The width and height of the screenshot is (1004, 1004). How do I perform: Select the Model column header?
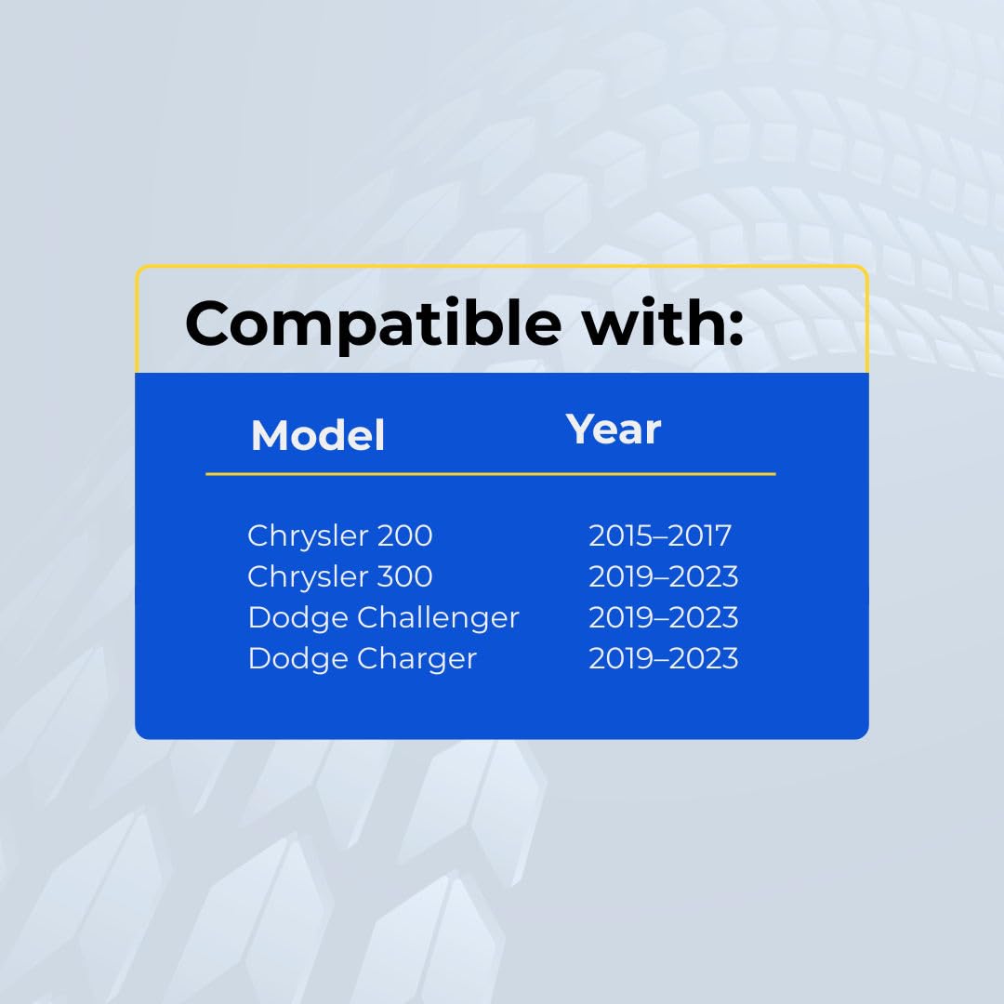point(318,435)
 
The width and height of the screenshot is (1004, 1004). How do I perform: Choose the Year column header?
point(613,429)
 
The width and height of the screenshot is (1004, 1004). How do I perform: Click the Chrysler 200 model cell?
point(340,536)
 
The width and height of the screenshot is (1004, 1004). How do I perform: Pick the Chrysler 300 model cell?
point(340,577)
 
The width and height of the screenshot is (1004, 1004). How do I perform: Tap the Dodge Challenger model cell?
point(384,618)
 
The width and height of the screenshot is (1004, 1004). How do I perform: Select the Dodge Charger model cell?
point(363,659)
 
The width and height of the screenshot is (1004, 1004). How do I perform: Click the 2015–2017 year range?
point(660,536)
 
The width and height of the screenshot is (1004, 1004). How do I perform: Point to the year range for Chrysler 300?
point(664,577)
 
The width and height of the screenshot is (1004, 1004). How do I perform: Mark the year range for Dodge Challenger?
point(664,618)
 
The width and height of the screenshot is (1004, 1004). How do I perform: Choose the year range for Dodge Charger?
point(664,659)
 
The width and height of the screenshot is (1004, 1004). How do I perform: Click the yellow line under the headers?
point(491,474)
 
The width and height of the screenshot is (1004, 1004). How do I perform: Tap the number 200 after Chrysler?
point(404,536)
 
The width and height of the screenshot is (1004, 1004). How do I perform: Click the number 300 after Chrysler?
point(404,577)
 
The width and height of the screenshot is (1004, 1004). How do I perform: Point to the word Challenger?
point(438,618)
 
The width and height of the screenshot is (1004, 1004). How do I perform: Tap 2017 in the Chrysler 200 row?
point(701,536)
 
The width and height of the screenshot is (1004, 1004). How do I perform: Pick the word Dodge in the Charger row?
point(297,659)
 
